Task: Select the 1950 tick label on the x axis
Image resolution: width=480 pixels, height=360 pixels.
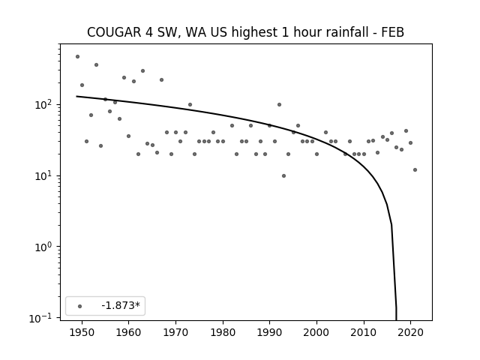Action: click(82, 332)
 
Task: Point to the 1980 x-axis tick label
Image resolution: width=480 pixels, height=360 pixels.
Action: click(223, 332)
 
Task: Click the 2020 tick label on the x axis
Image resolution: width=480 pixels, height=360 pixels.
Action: click(410, 332)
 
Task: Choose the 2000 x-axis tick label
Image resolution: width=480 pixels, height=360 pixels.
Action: click(316, 332)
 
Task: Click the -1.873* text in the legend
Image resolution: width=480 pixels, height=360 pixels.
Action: click(121, 305)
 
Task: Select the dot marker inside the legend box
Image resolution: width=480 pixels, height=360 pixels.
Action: click(80, 306)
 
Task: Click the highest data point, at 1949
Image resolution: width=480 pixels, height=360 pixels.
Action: click(77, 57)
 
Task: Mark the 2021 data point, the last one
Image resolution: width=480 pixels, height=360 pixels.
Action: click(415, 170)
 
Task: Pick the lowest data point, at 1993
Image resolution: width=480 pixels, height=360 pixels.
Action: click(283, 175)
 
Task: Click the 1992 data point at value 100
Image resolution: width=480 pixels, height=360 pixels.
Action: click(279, 105)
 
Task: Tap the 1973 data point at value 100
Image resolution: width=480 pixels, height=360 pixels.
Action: click(190, 105)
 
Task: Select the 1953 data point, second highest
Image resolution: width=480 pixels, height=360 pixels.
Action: click(96, 65)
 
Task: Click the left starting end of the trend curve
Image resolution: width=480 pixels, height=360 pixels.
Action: click(76, 97)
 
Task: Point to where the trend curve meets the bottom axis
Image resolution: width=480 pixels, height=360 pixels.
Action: click(397, 320)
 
